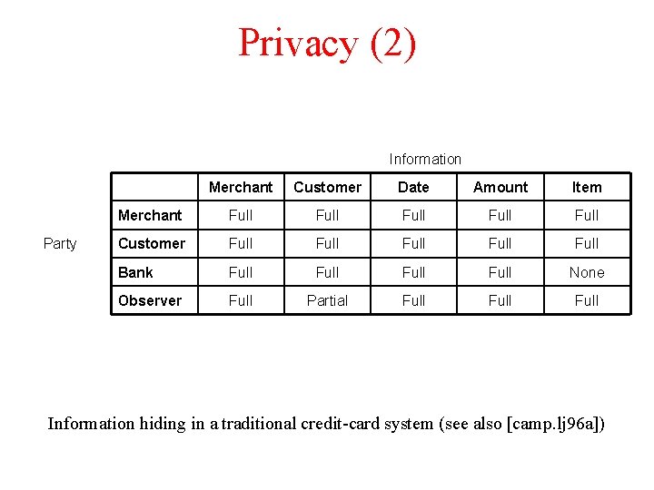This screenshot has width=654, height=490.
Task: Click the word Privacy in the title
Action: pos(298,43)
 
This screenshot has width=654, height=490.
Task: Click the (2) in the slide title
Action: pos(393,43)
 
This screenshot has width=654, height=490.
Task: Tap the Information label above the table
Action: pos(425,159)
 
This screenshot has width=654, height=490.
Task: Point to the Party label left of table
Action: pos(60,243)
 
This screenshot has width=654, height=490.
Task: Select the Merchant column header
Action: pos(241,187)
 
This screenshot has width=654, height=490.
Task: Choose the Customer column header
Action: pos(327,187)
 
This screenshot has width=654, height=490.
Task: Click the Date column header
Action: pos(413,187)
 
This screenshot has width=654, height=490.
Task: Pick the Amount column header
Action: pos(500,187)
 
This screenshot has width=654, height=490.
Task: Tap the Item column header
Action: pos(587,187)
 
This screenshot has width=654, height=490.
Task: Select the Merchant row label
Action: pos(150,215)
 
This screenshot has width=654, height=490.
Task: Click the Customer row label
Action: pos(152,243)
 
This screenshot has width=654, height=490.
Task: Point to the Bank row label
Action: pos(135,272)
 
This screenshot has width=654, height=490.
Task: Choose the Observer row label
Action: pos(150,300)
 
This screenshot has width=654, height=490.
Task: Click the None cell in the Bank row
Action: pos(587,272)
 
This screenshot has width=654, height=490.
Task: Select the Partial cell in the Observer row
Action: pos(327,300)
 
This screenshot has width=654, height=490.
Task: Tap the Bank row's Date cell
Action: pos(413,272)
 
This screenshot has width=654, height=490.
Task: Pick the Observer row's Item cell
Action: pos(587,300)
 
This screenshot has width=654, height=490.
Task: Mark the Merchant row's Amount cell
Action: pos(500,215)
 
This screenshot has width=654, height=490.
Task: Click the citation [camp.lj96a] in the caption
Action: pos(547,424)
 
